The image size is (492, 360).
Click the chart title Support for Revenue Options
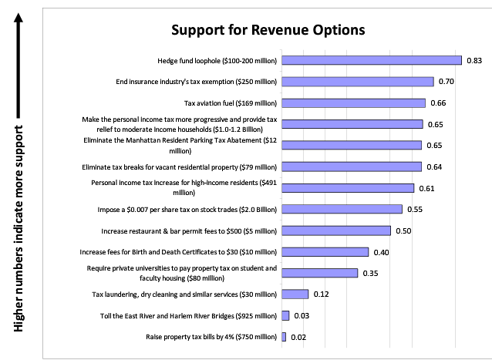(x=267, y=31)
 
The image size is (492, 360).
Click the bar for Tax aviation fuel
(x=353, y=103)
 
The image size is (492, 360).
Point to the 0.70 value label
(x=446, y=81)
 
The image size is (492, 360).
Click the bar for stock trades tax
(x=342, y=209)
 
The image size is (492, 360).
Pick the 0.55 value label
(x=414, y=209)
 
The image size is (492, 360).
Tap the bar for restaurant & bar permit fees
(x=336, y=230)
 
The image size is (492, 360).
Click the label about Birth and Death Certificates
(x=178, y=251)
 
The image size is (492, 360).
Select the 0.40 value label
(x=380, y=251)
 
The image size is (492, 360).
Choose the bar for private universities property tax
(x=320, y=273)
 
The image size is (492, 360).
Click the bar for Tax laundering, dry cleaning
(x=295, y=294)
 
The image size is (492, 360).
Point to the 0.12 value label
(x=320, y=294)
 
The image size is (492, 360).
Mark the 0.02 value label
(x=298, y=337)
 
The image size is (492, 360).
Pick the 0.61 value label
(x=426, y=188)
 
